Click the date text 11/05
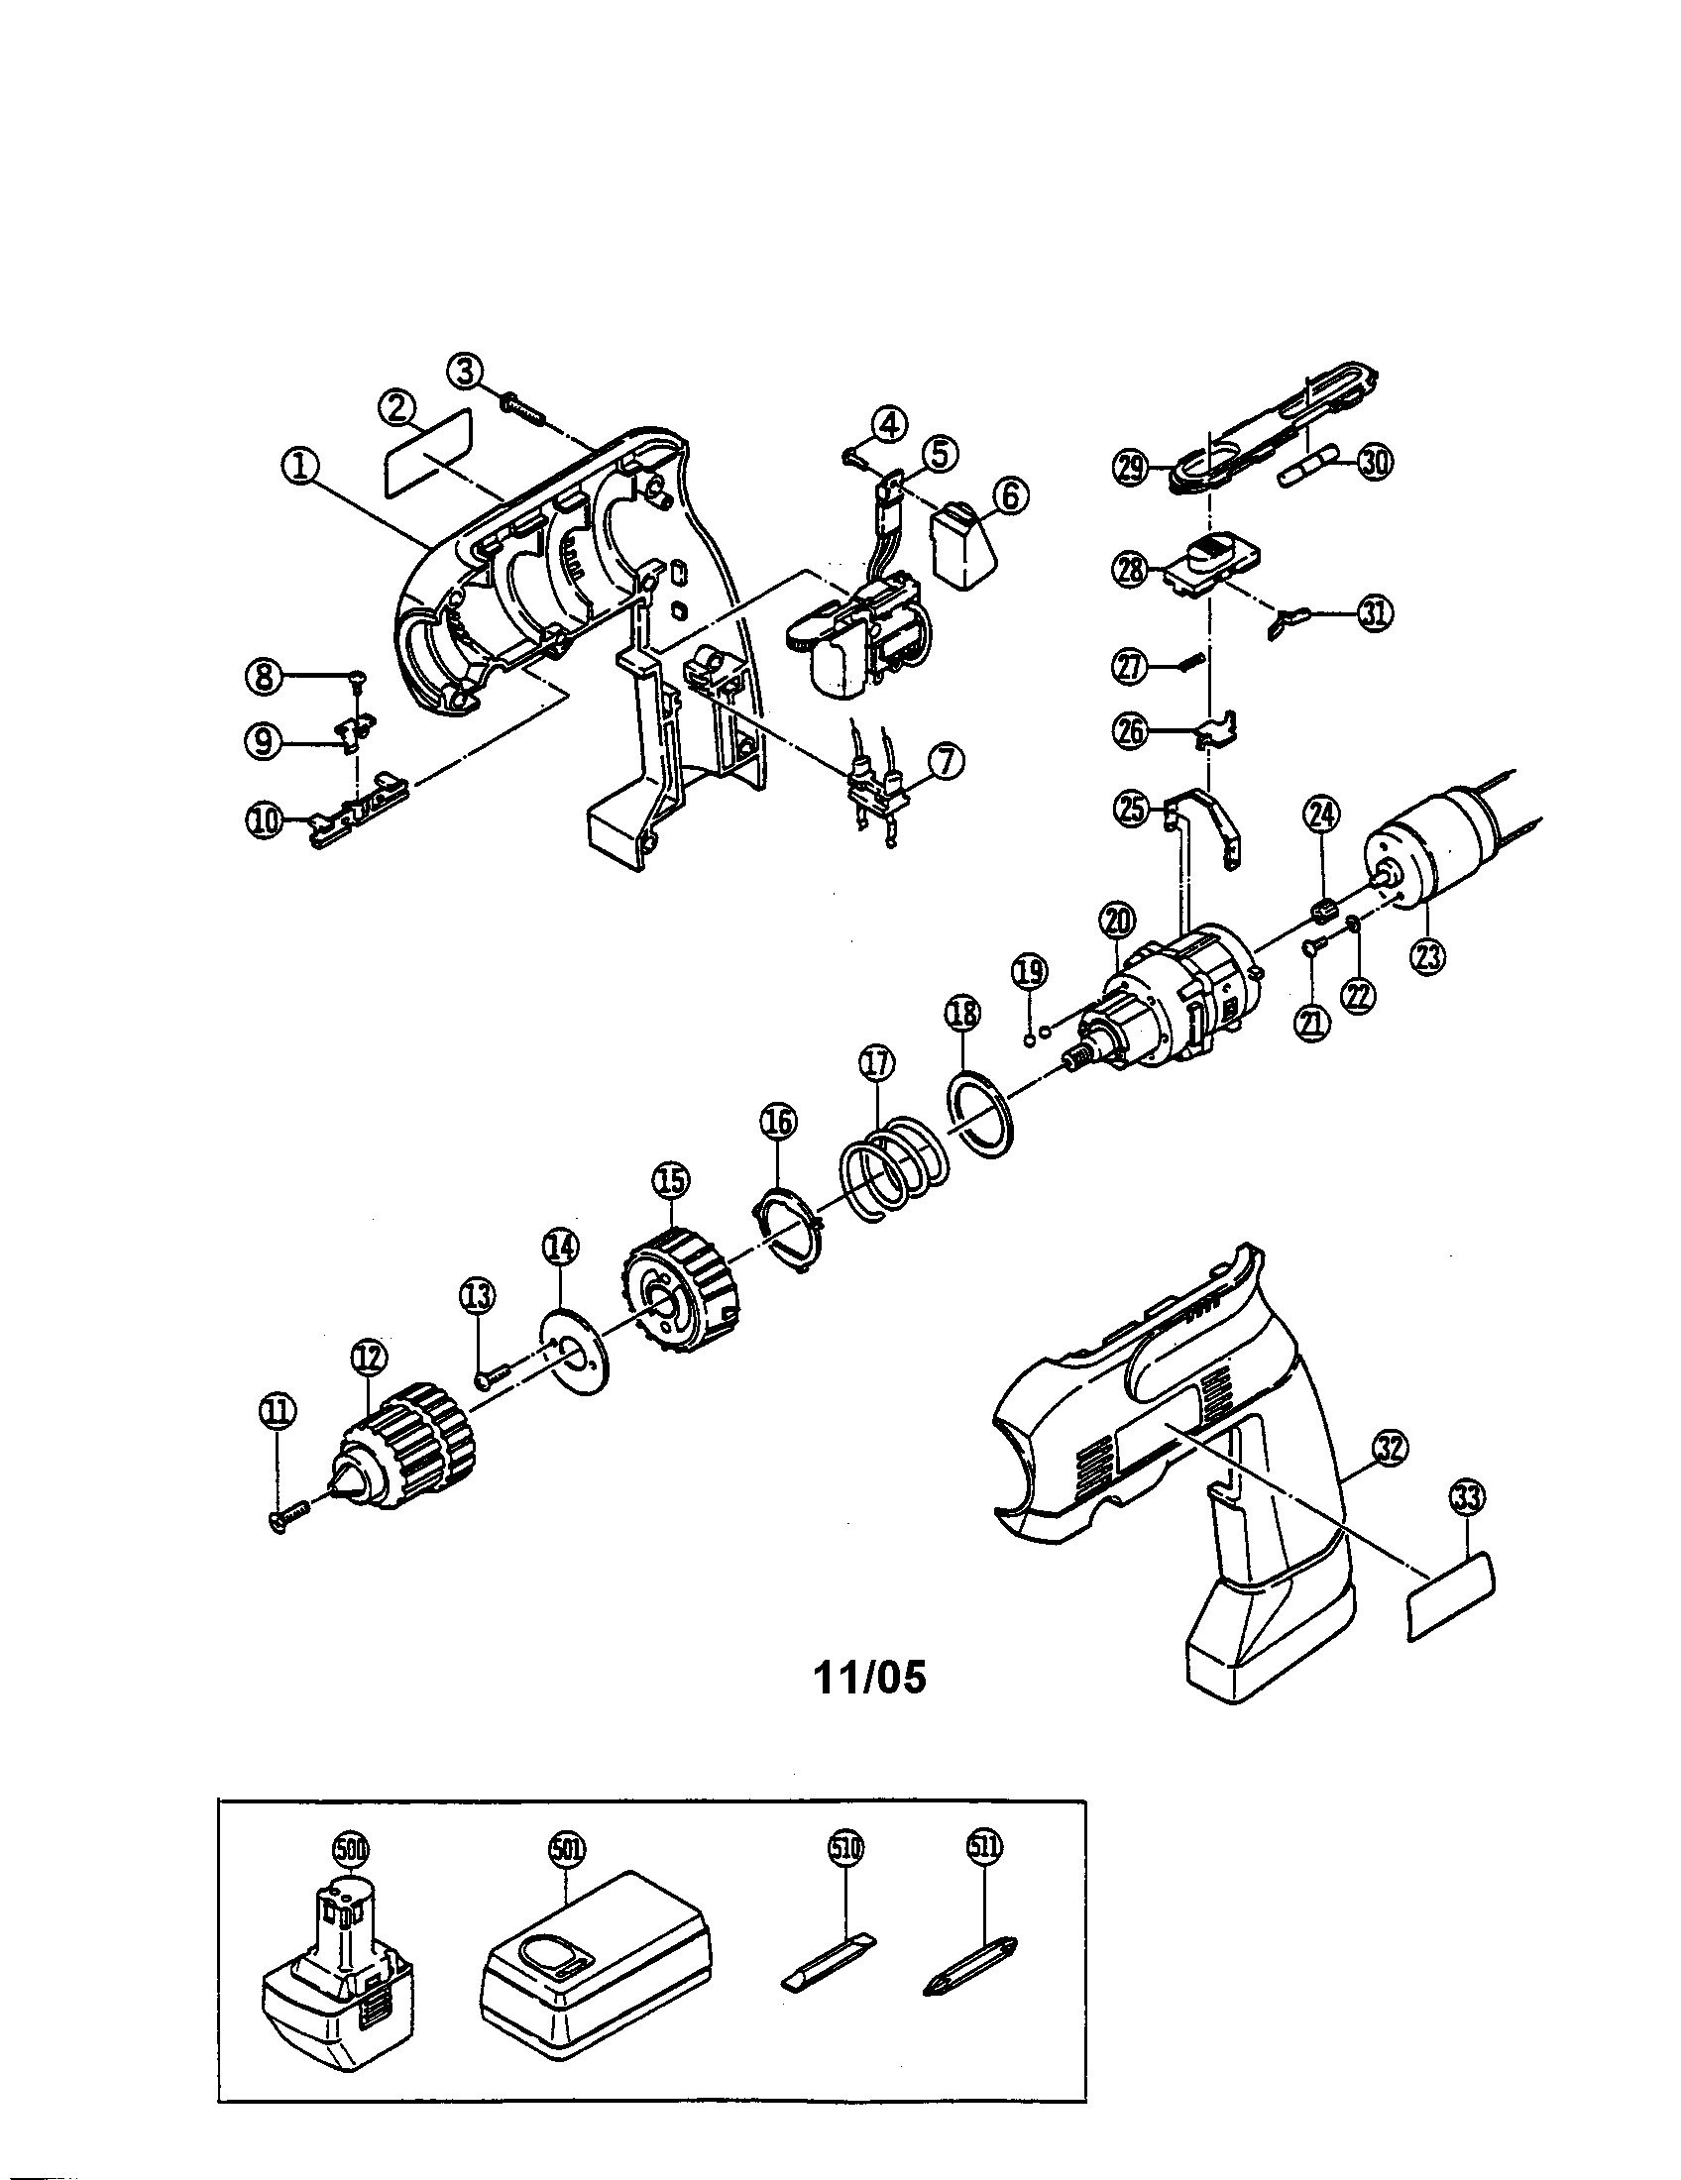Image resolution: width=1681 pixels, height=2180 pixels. click(869, 1678)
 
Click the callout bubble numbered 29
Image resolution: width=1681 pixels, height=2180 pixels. click(1131, 467)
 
